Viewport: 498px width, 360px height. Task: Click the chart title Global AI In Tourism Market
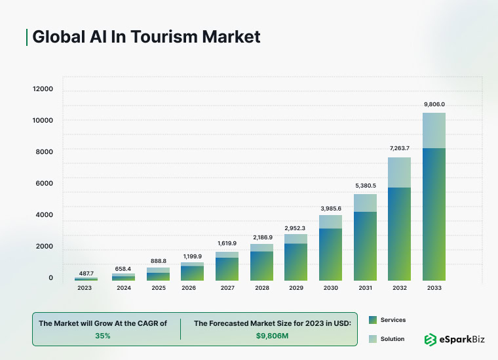click(x=146, y=37)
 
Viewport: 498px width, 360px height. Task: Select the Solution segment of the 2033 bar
click(x=434, y=130)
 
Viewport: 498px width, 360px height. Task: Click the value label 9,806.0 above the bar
click(x=434, y=104)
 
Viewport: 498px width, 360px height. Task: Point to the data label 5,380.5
click(x=365, y=186)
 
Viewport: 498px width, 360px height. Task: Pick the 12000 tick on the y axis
click(x=43, y=89)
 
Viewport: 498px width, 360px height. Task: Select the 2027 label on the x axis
click(x=227, y=287)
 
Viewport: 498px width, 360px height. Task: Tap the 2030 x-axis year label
click(x=330, y=287)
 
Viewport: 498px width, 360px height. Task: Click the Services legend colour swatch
click(x=372, y=320)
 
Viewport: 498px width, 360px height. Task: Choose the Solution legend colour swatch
click(x=372, y=339)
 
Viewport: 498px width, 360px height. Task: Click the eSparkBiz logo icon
click(x=431, y=339)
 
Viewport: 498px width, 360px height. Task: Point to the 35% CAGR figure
click(x=102, y=335)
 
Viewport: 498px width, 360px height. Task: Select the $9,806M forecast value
click(x=272, y=335)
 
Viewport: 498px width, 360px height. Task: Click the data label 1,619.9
click(x=227, y=243)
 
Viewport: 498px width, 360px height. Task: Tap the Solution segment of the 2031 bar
click(x=365, y=203)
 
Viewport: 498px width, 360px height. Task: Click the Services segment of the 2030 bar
click(x=330, y=254)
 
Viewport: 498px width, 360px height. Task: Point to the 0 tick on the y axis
click(x=50, y=278)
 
